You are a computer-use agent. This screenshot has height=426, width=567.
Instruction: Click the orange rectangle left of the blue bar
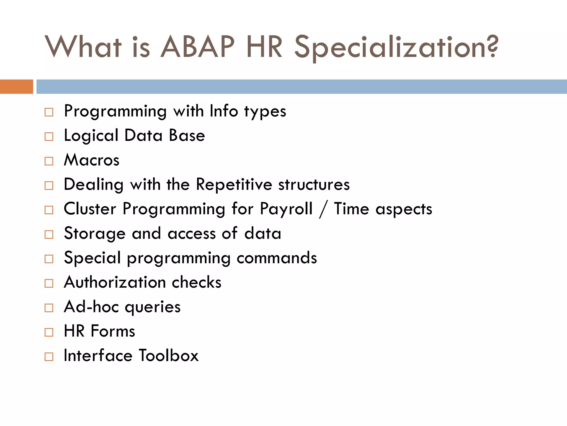pyautogui.click(x=16, y=87)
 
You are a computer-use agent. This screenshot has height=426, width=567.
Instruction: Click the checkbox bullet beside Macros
pyautogui.click(x=49, y=161)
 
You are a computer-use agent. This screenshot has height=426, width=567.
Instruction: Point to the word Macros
pyautogui.click(x=92, y=160)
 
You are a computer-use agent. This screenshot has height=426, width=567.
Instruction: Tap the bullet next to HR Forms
pyautogui.click(x=49, y=332)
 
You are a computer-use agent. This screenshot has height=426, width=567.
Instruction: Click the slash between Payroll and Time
pyautogui.click(x=323, y=209)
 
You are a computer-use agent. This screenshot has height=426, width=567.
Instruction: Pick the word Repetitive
pyautogui.click(x=234, y=184)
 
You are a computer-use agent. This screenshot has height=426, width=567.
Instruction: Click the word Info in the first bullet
pyautogui.click(x=224, y=111)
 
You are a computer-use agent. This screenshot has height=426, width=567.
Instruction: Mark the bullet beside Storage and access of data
pyautogui.click(x=49, y=234)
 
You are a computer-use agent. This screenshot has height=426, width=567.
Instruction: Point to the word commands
pyautogui.click(x=277, y=258)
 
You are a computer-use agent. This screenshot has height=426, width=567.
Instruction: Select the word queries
pyautogui.click(x=153, y=307)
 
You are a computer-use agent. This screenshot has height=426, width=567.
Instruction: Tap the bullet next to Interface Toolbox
pyautogui.click(x=49, y=356)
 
